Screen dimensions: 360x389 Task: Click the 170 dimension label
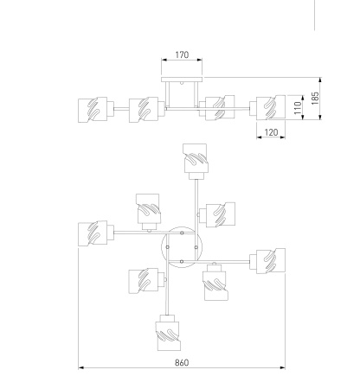pos(182,54)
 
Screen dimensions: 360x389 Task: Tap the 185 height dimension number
pos(315,99)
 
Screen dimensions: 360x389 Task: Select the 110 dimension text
pos(298,107)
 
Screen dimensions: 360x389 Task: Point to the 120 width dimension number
pos(271,132)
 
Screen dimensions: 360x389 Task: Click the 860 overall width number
pos(182,362)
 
